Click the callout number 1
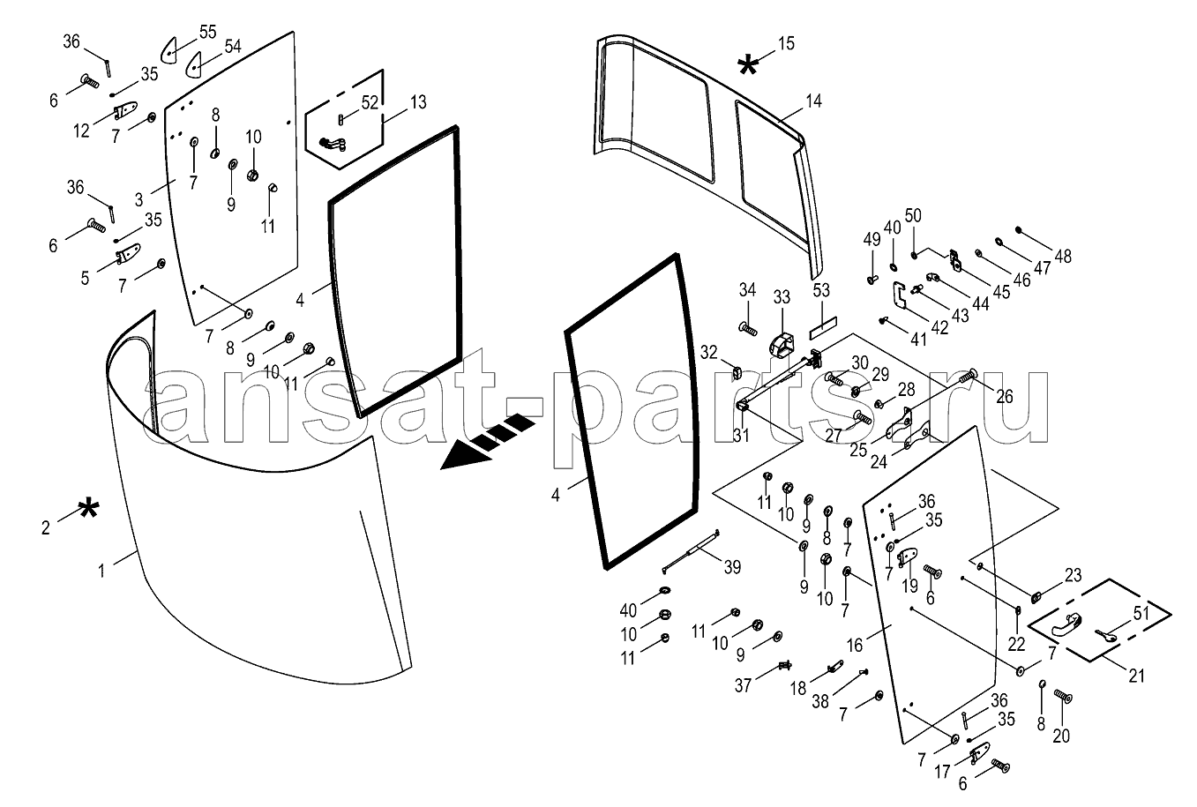coord(101,571)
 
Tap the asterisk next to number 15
coord(747,64)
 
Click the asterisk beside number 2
coord(87,509)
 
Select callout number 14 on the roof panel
coord(812,101)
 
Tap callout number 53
coord(821,290)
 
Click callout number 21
coord(1136,676)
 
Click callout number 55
coord(207,32)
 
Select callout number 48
coord(1062,257)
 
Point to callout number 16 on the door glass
coord(855,646)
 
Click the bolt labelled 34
coord(749,331)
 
